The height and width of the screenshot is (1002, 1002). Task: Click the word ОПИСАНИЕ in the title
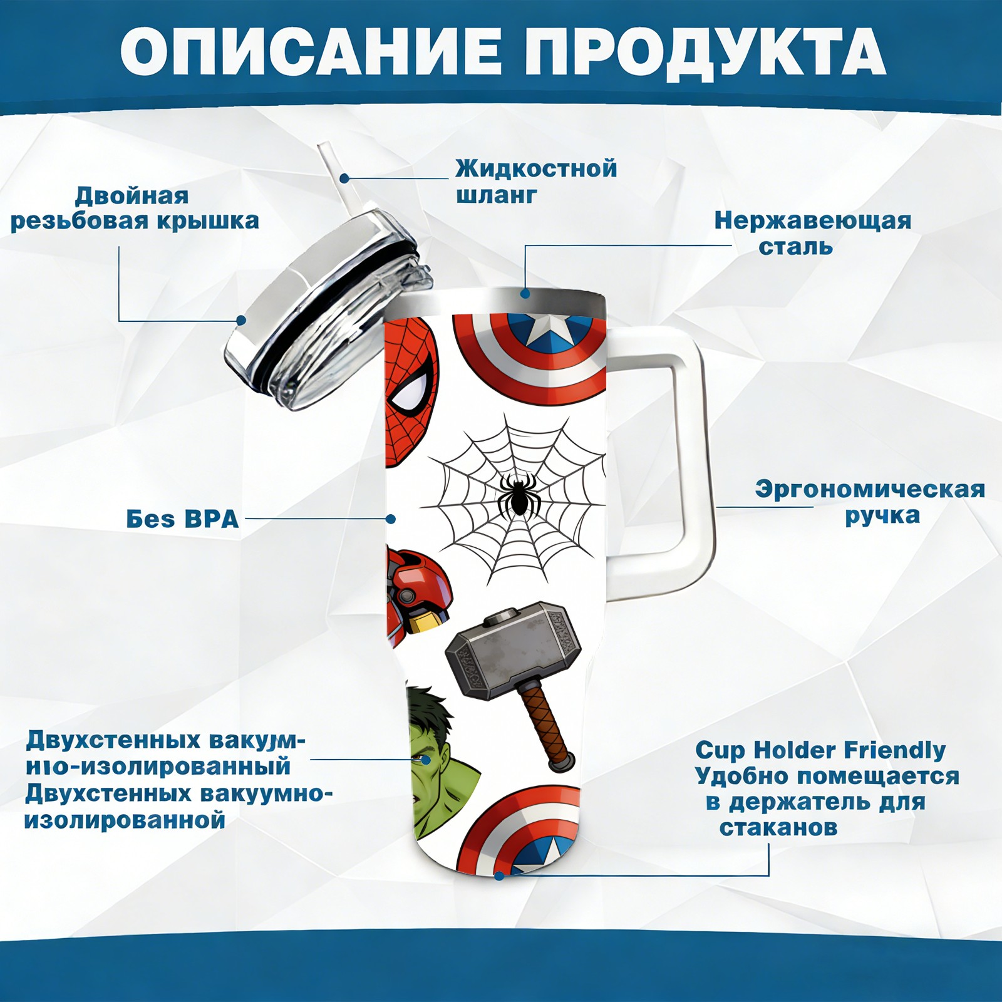pos(311,51)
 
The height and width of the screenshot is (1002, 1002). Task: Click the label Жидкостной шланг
pos(536,182)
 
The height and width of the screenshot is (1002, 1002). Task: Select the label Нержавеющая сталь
pos(813,233)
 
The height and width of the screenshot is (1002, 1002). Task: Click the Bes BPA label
pos(183,519)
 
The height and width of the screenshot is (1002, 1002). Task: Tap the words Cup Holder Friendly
pos(820,750)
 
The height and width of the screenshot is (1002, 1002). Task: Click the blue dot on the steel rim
pos(525,293)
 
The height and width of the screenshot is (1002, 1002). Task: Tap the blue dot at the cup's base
pos(499,875)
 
